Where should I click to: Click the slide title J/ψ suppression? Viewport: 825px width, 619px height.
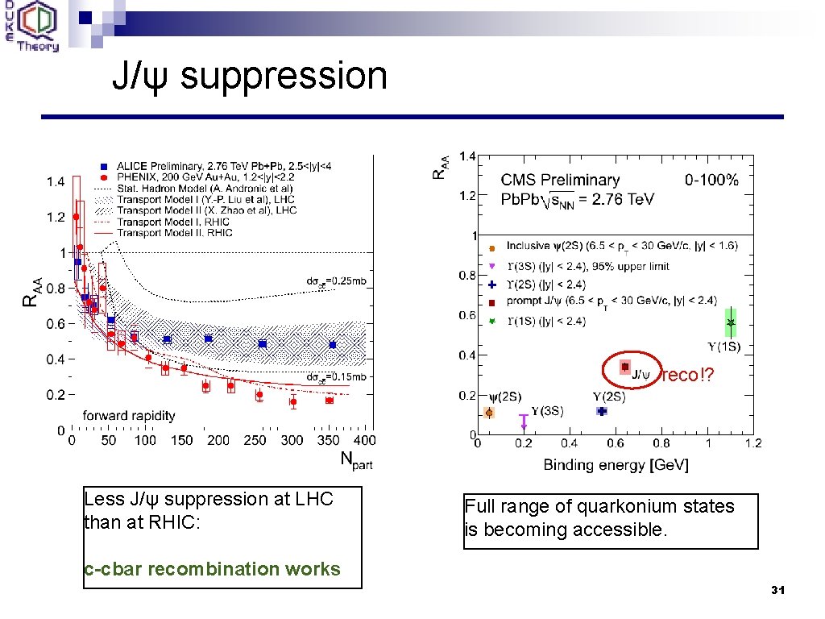(250, 76)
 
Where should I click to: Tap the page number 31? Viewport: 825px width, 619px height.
(777, 591)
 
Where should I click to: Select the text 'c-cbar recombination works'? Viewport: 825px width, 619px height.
(212, 569)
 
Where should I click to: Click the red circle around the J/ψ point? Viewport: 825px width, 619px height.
(632, 370)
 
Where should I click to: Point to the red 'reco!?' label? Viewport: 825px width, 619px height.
(687, 376)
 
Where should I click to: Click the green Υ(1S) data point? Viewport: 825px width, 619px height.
(730, 322)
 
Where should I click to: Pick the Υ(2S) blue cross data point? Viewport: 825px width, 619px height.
(601, 411)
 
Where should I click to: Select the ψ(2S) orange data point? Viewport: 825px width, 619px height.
(489, 412)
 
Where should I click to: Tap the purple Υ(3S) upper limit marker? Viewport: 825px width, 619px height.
(524, 420)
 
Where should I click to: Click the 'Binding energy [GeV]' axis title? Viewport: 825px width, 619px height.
(616, 464)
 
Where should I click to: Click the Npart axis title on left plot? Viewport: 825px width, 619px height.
(356, 460)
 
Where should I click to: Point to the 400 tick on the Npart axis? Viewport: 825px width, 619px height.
(364, 440)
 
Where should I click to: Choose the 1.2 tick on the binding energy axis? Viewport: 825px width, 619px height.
(752, 442)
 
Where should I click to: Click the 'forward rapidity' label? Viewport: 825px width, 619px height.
(129, 416)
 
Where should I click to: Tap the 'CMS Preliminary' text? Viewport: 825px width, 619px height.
(560, 180)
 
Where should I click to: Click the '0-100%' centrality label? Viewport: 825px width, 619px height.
(711, 180)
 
